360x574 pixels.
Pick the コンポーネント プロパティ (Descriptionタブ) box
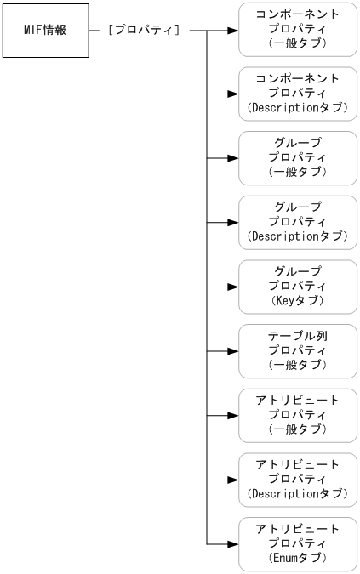(296, 94)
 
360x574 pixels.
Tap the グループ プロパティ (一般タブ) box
(296, 158)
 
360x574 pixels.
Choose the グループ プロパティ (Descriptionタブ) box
(296, 222)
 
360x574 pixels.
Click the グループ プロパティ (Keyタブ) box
(296, 287)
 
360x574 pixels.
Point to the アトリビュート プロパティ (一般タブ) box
(296, 416)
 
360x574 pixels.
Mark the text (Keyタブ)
(296, 301)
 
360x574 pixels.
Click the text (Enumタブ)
(296, 559)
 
